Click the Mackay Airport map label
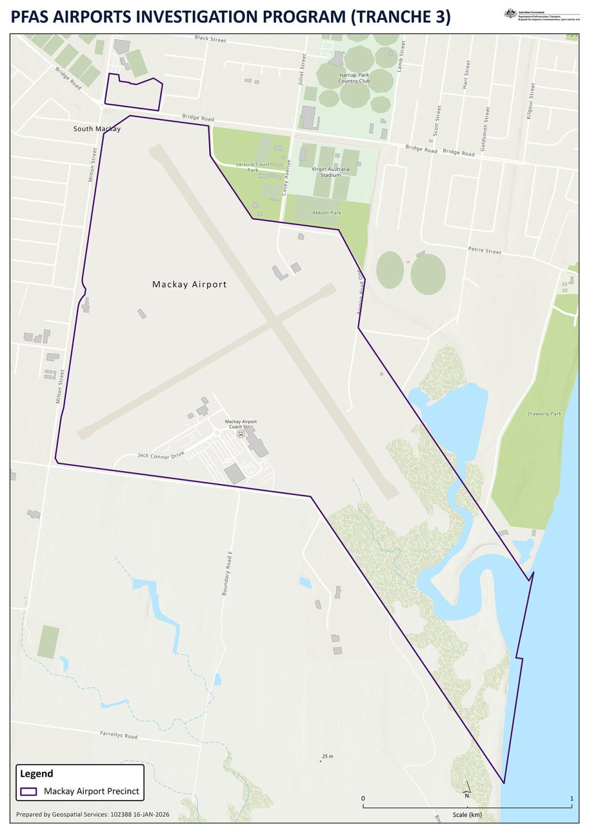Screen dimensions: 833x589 (x=189, y=284)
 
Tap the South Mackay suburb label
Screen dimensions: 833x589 (x=97, y=129)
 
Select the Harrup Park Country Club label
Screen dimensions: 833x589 (x=354, y=78)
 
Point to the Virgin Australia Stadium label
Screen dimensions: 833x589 (x=330, y=172)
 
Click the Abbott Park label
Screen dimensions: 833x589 (x=326, y=213)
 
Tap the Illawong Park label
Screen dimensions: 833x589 (x=544, y=414)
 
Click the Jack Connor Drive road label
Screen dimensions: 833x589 (x=161, y=454)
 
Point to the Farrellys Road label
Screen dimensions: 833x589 (x=119, y=735)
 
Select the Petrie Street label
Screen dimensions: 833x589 (x=484, y=251)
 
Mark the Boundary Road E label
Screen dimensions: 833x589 (x=227, y=573)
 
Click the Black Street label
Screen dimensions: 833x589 (x=210, y=39)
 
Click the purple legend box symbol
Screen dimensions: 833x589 (x=29, y=791)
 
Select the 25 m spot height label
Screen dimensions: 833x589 (x=327, y=756)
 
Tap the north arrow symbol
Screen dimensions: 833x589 (x=467, y=790)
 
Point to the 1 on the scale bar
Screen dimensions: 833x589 (x=572, y=798)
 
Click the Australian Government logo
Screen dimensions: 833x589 (x=510, y=14)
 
